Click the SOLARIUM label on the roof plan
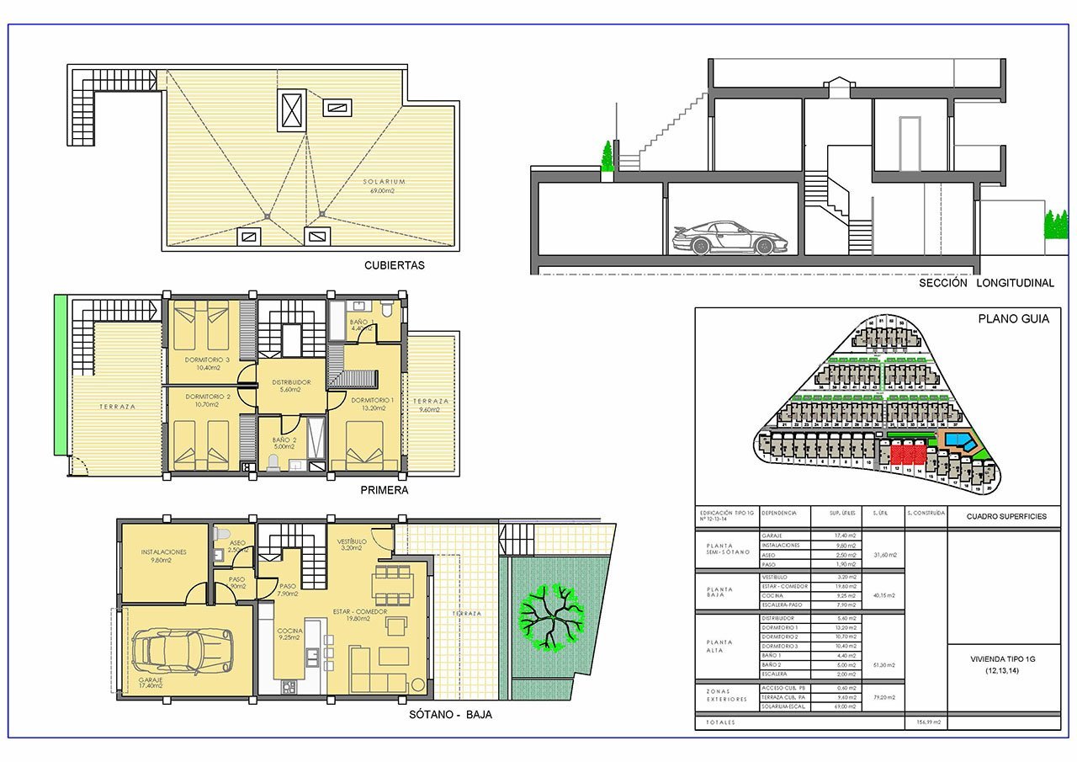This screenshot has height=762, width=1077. (385, 182)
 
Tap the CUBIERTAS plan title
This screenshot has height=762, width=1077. (394, 265)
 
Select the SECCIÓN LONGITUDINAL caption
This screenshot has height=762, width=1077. (986, 284)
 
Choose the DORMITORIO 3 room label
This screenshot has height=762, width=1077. (206, 360)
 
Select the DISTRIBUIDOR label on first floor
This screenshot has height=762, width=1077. (291, 382)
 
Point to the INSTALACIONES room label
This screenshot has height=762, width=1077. (164, 552)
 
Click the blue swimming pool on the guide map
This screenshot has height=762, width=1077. (958, 441)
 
